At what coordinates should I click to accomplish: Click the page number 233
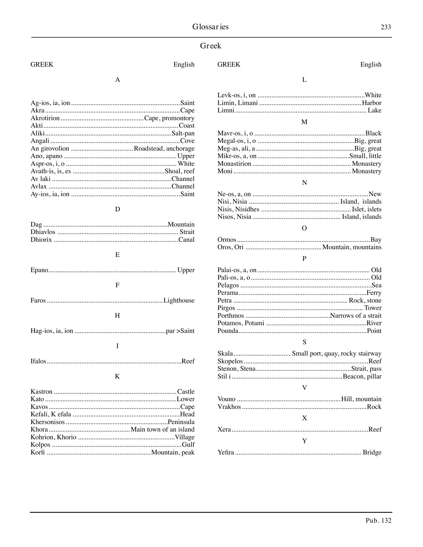(386, 27)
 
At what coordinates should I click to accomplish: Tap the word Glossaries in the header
(210, 27)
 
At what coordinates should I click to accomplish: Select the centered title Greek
(210, 46)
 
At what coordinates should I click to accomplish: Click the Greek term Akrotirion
(45, 118)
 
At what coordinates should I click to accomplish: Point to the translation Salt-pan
(183, 133)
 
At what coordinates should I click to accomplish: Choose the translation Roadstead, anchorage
(164, 149)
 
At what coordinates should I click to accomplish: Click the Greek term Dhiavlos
(43, 232)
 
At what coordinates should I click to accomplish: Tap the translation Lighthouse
(179, 301)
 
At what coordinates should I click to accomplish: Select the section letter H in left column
(117, 316)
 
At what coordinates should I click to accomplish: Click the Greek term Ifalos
(38, 361)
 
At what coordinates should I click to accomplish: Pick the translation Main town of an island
(163, 430)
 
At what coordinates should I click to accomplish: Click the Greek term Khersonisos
(48, 422)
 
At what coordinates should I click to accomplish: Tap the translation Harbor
(372, 103)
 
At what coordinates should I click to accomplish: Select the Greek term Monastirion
(234, 164)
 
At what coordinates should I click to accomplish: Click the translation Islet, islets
(366, 209)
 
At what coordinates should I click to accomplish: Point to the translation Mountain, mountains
(352, 247)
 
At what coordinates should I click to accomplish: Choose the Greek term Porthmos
(231, 316)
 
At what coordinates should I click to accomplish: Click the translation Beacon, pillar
(362, 377)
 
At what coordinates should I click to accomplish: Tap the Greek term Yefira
(226, 453)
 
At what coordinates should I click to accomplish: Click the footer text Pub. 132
(378, 521)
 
